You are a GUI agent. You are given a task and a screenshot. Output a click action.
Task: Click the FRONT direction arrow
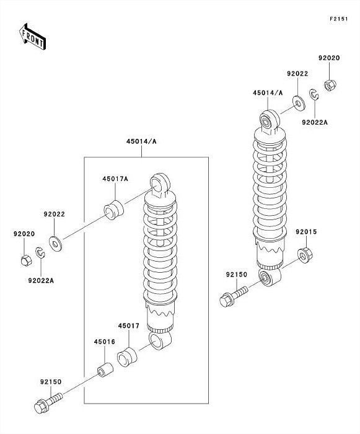tap(32, 37)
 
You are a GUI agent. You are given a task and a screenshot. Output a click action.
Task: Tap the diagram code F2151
tap(338, 19)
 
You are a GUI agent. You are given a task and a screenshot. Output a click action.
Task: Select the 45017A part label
tap(115, 179)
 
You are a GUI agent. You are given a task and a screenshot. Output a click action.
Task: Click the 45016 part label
tap(104, 342)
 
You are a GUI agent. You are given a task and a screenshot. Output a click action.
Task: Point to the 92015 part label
tap(306, 232)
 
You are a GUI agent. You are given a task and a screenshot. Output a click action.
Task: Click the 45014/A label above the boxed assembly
tap(141, 141)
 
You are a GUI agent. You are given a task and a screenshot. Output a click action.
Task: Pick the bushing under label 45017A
tap(113, 210)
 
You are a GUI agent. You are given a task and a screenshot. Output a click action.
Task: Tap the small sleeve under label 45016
tap(105, 370)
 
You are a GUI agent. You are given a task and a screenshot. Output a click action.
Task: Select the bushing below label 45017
tap(127, 356)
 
